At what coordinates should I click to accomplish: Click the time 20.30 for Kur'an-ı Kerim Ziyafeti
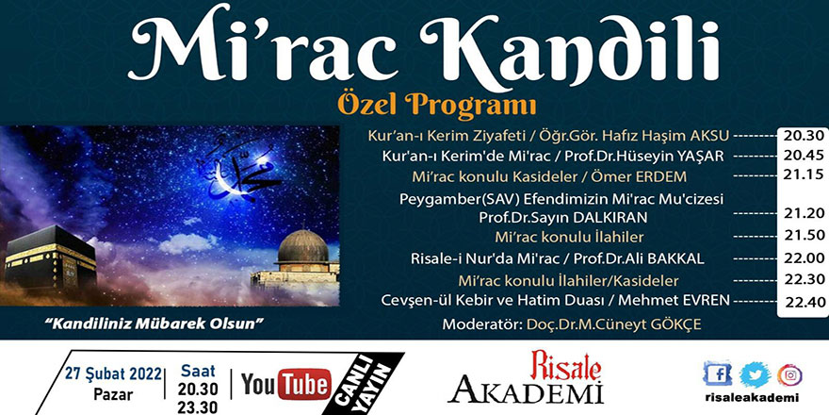pos(800,135)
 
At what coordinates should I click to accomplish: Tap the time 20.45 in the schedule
pos(800,156)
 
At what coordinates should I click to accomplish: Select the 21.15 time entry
pos(800,176)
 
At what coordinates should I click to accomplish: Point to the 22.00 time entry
pos(800,258)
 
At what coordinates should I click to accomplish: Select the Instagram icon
pos(791,374)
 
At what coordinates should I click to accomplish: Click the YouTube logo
pos(285,385)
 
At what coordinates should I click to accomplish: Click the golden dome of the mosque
pos(302,247)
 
